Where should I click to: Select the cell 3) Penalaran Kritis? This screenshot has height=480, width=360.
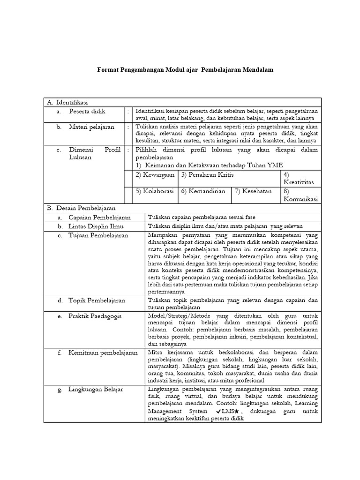(207, 175)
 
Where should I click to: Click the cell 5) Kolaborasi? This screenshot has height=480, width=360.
(155, 191)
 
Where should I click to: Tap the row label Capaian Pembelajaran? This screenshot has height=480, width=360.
(100, 217)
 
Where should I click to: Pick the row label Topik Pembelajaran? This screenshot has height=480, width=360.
(97, 300)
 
